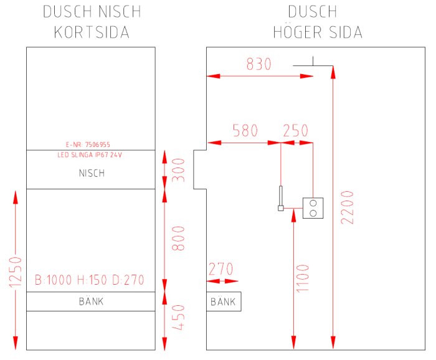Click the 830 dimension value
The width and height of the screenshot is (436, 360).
click(258, 64)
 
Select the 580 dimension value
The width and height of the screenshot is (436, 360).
click(245, 131)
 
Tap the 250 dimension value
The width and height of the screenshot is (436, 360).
click(295, 131)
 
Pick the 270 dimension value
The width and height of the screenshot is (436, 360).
click(220, 270)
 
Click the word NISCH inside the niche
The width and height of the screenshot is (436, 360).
click(92, 174)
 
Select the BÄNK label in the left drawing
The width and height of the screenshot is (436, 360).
click(91, 301)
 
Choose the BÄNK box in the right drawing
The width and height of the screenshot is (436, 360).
click(224, 302)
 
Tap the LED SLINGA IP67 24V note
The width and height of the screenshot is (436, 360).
click(89, 154)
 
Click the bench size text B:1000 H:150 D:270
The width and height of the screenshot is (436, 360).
click(90, 280)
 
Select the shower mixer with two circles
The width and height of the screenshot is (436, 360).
click(313, 208)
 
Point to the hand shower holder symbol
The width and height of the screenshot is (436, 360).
click(281, 199)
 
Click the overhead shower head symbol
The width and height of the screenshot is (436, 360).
click(313, 63)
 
